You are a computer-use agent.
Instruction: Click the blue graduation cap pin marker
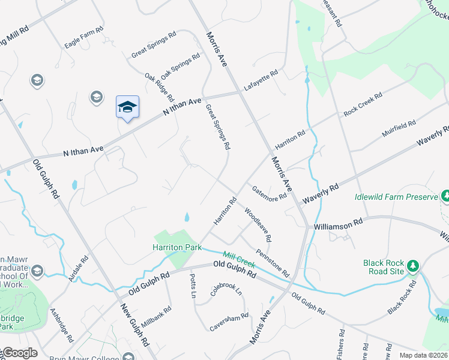[x=127, y=107]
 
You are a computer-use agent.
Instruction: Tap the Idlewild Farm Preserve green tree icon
[x=445, y=196]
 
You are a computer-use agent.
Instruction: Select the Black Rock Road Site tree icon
[x=412, y=265]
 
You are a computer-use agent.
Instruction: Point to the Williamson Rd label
[x=339, y=223]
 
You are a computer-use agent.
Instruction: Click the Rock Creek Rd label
[x=363, y=104]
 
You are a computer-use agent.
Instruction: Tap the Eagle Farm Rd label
[x=84, y=37]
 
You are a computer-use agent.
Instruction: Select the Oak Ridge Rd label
[x=159, y=87]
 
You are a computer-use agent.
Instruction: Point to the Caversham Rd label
[x=229, y=322]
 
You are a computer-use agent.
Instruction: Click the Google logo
[x=20, y=353]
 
